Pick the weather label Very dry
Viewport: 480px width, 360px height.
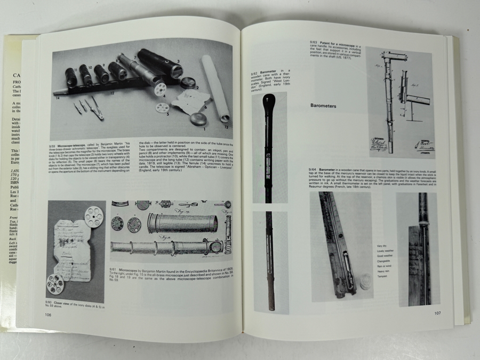(377, 246)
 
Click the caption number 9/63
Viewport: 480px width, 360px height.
(315, 42)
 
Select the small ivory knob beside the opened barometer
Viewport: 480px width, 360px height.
(365, 281)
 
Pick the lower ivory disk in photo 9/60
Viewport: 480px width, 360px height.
(55, 284)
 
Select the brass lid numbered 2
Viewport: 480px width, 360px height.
(187, 83)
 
